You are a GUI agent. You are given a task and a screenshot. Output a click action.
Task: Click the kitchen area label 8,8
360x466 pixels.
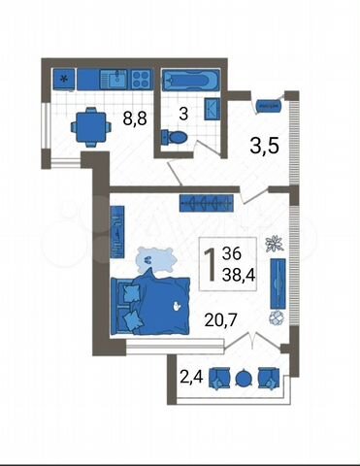(x=135, y=118)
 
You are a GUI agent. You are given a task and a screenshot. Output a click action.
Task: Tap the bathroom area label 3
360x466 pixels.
(x=183, y=114)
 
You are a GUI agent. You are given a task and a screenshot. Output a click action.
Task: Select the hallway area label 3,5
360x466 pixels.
(x=264, y=147)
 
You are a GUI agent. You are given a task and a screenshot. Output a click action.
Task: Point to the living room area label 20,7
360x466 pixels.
(x=221, y=320)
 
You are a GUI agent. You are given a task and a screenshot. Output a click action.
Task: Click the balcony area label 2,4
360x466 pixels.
(x=191, y=377)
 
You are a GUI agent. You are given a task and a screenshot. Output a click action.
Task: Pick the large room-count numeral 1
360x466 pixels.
(x=211, y=265)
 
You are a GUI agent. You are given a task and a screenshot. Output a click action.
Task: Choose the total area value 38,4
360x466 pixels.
(x=239, y=276)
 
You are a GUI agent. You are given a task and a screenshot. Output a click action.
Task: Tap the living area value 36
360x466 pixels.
(x=232, y=253)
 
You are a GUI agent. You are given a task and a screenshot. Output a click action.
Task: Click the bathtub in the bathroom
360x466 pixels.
(x=190, y=80)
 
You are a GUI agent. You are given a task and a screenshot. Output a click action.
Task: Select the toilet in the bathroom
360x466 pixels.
(x=174, y=137)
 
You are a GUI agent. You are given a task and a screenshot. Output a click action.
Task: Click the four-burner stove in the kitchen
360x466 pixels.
(x=142, y=80)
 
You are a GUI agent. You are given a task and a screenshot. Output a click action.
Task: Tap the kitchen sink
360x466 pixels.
(x=114, y=80)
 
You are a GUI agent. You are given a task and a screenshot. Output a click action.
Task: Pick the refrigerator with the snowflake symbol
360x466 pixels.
(x=64, y=80)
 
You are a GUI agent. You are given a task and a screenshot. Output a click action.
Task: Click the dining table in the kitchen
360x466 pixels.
(x=91, y=127)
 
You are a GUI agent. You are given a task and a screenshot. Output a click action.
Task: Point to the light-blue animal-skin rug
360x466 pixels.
(x=156, y=260)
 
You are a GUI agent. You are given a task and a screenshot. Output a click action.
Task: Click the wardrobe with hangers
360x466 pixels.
(x=207, y=203)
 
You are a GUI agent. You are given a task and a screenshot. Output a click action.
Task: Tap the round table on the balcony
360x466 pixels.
(x=244, y=378)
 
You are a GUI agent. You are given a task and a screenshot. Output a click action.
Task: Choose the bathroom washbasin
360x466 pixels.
(x=213, y=109)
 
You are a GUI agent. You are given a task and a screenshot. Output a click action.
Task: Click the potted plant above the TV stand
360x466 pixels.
(x=274, y=244)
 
